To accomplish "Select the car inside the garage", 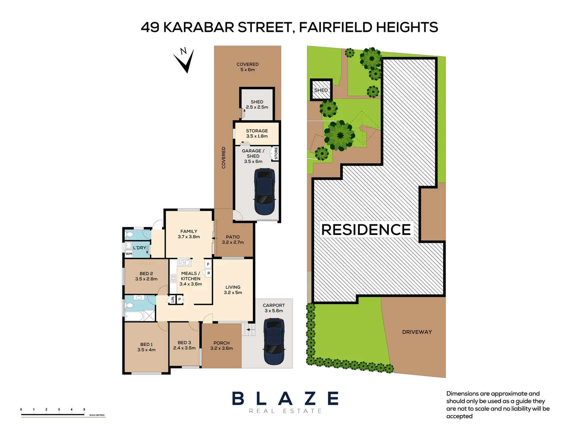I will pyautogui.click(x=265, y=191).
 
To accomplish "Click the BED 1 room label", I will pyautogui.click(x=146, y=347).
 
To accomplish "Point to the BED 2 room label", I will pyautogui.click(x=146, y=276).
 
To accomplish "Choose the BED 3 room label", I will pyautogui.click(x=184, y=345).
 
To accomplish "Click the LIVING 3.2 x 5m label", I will pyautogui.click(x=233, y=290).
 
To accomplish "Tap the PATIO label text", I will pyautogui.click(x=233, y=237).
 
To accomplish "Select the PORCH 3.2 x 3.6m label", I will pyautogui.click(x=221, y=346).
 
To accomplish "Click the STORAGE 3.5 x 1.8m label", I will pyautogui.click(x=257, y=133).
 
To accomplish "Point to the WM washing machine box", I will pyautogui.click(x=129, y=254).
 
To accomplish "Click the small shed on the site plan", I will pyautogui.click(x=321, y=90).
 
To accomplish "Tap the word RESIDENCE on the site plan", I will pyautogui.click(x=366, y=230).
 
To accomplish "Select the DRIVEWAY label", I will pyautogui.click(x=417, y=332).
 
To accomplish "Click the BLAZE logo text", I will pyautogui.click(x=285, y=398).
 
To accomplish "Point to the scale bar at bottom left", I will pyautogui.click(x=53, y=414).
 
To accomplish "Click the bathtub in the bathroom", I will pyautogui.click(x=135, y=316).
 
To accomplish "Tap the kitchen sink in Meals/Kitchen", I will pyautogui.click(x=184, y=263).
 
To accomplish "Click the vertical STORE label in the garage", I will pyautogui.click(x=276, y=153).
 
